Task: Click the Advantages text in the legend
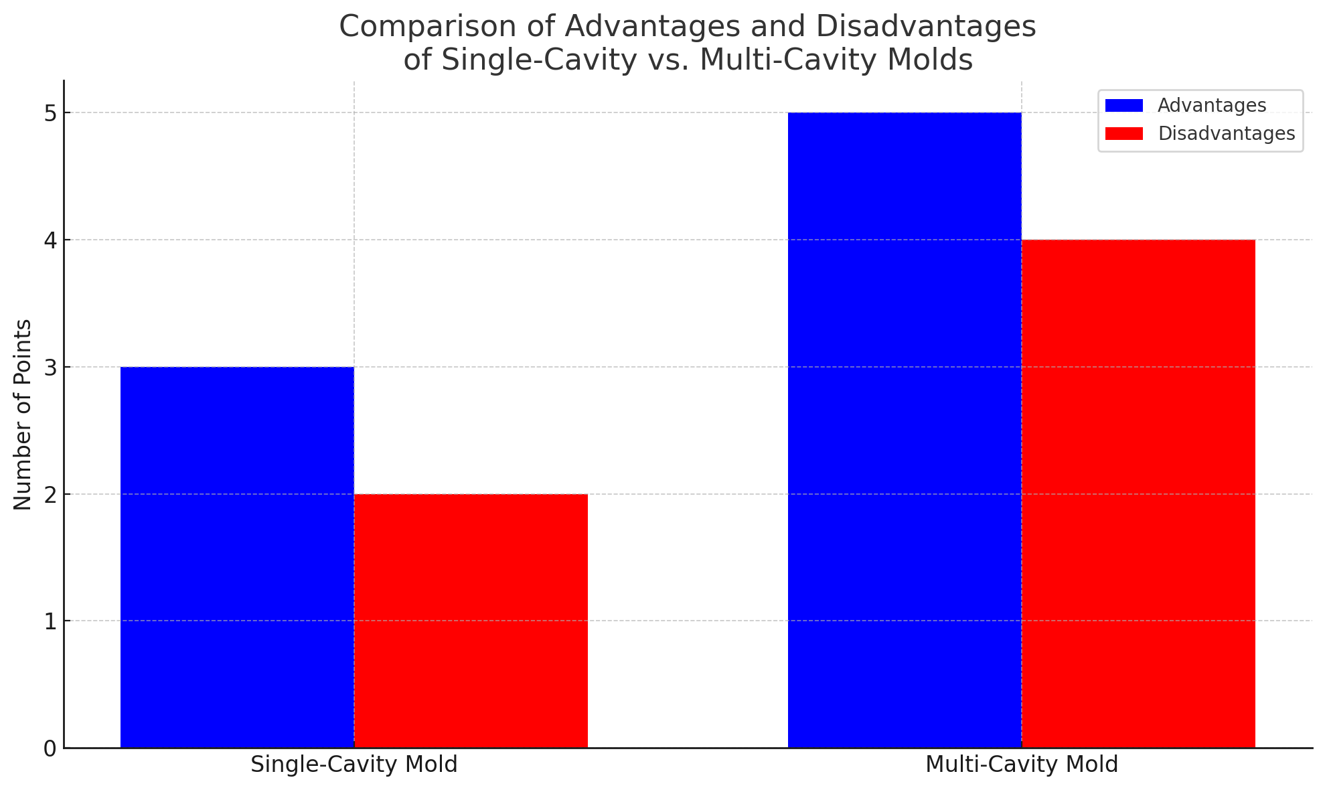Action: [x=1212, y=106]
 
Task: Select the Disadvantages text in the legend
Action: [x=1227, y=134]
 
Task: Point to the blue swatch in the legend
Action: [x=1124, y=106]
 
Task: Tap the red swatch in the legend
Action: [x=1124, y=134]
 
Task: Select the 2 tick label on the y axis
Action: [x=50, y=495]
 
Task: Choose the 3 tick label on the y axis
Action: [x=50, y=368]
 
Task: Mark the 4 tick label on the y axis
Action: [x=50, y=240]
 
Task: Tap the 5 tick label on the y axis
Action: [x=50, y=113]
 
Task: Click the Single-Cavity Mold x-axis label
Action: [x=354, y=765]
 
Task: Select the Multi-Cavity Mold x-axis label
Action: [x=1022, y=765]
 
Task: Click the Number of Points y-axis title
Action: [x=23, y=414]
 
